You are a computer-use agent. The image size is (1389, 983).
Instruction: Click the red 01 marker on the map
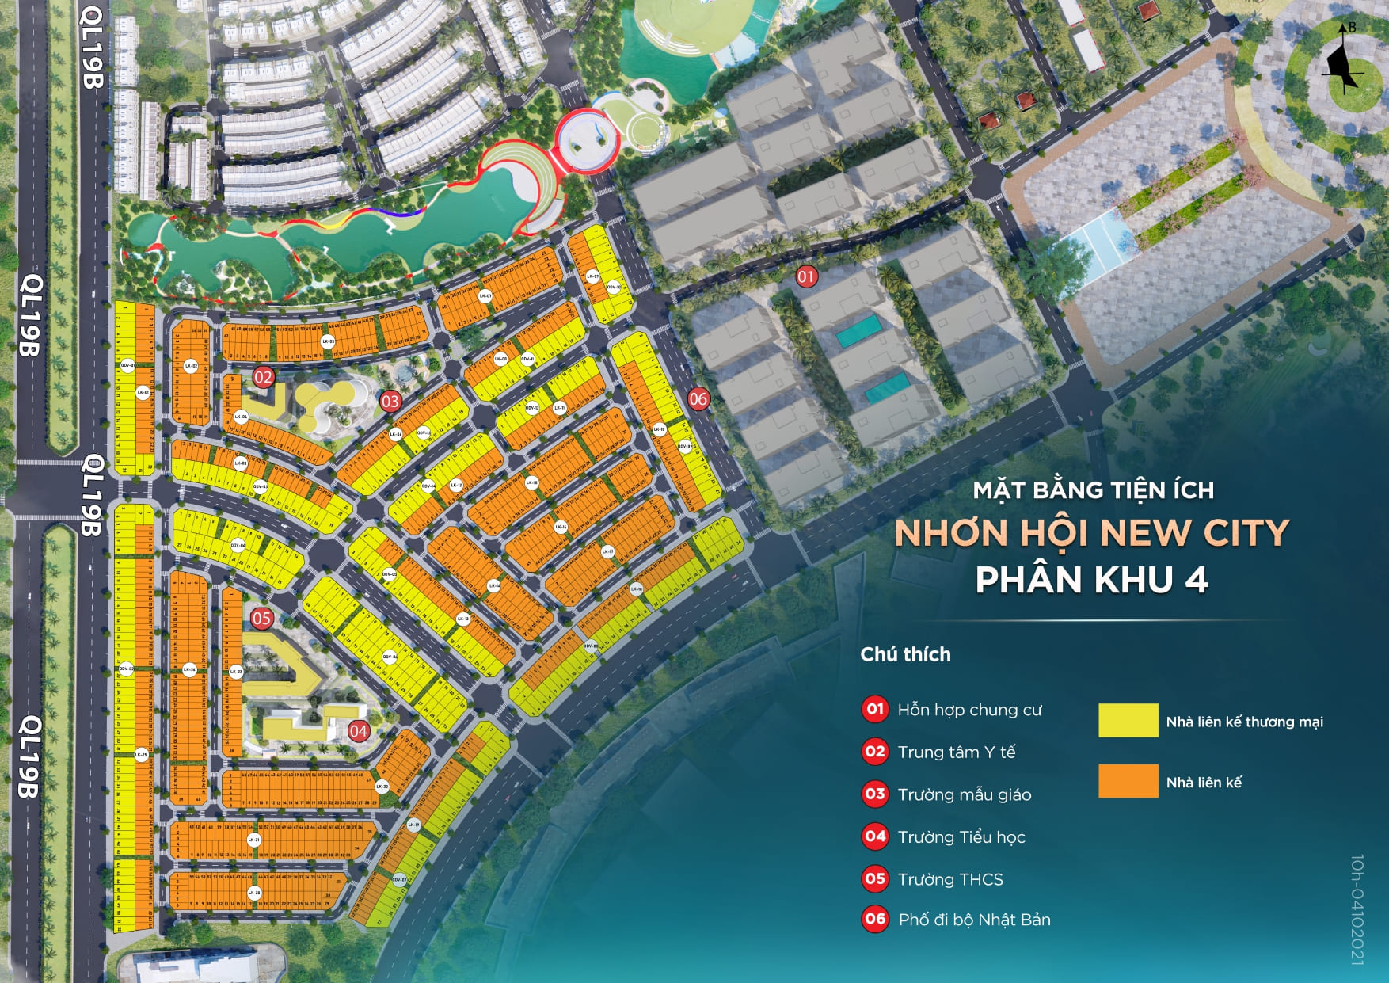tap(806, 276)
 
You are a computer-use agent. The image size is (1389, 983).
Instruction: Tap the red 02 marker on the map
tap(263, 377)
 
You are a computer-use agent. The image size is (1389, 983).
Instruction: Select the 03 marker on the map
tap(390, 401)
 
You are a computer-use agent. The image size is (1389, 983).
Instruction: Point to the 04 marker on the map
tap(359, 730)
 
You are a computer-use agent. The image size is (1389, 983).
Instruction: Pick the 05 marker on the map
tap(261, 618)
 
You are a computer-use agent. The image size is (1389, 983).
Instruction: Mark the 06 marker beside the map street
tap(698, 398)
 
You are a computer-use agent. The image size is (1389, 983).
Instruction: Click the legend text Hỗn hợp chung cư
tap(969, 710)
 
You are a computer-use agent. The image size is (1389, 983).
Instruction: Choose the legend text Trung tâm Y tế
tap(956, 752)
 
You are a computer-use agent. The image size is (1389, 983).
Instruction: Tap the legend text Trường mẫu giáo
tap(964, 794)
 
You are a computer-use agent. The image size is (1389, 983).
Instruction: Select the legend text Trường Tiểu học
tap(961, 837)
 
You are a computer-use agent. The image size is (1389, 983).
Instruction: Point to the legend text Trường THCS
tap(949, 879)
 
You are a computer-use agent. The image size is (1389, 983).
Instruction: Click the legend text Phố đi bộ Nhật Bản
tap(974, 920)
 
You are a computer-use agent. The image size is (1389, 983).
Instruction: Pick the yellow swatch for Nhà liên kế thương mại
tap(1128, 721)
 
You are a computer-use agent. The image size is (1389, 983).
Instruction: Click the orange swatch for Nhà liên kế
tap(1128, 781)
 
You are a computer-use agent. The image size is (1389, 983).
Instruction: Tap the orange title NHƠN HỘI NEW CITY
tap(1092, 533)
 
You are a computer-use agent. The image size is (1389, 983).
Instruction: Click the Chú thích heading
tap(905, 654)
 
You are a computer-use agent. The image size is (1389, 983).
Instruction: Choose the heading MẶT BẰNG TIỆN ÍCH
tap(1093, 490)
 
